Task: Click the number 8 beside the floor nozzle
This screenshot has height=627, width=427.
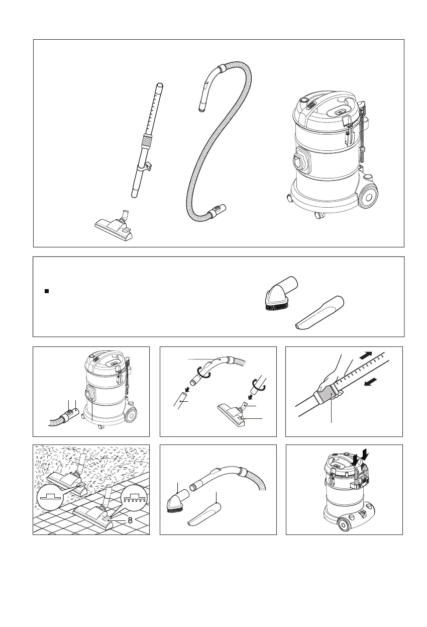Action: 130,520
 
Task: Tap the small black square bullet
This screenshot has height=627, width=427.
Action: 47,291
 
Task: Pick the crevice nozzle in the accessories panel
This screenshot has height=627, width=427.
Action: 319,312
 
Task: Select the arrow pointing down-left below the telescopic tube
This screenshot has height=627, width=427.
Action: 371,382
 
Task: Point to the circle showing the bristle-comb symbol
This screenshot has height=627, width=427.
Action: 134,499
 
